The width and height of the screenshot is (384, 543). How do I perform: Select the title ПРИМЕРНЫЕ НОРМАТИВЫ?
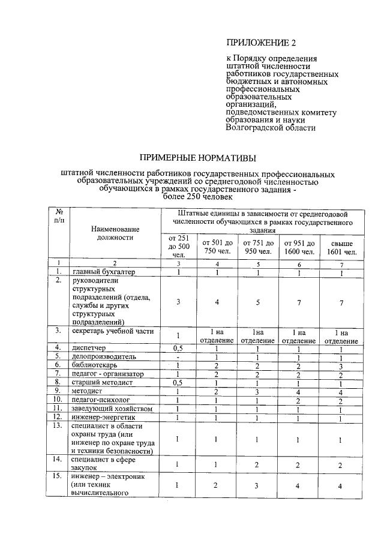point(197,158)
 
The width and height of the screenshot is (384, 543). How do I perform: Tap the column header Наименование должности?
point(115,233)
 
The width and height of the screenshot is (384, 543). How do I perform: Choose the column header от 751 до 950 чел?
point(257,247)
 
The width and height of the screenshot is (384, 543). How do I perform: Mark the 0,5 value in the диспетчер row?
point(178,347)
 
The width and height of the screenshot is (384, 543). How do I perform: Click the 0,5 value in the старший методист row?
point(178,382)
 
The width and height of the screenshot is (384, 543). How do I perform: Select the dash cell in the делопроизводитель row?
point(178,356)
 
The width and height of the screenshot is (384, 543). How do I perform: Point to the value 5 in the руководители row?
point(257,302)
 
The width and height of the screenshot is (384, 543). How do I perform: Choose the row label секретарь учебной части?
point(113,331)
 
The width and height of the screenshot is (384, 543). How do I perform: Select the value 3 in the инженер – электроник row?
point(257,485)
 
